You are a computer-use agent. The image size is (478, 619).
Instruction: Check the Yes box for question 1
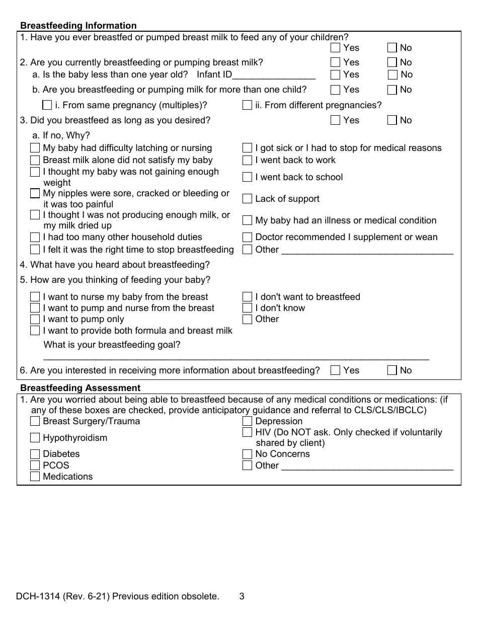(x=336, y=48)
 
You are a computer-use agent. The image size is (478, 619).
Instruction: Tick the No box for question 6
(x=392, y=370)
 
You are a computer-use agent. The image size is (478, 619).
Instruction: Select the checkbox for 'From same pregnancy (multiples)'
(x=47, y=105)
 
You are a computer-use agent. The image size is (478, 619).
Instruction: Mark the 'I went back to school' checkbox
(x=247, y=177)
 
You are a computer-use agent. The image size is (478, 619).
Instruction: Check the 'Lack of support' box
(x=247, y=199)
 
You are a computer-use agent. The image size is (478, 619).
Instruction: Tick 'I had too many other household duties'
(x=35, y=237)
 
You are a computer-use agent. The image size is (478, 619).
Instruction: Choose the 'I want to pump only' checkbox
(x=35, y=319)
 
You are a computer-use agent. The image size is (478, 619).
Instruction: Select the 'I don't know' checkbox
(x=247, y=308)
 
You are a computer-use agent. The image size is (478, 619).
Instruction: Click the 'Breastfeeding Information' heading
(x=78, y=26)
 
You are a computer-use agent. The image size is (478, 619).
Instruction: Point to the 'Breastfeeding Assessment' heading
(x=80, y=388)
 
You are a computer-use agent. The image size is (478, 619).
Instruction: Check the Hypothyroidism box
(x=35, y=438)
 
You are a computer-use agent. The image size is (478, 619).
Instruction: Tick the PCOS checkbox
(x=35, y=466)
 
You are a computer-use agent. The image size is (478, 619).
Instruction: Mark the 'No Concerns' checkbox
(x=247, y=454)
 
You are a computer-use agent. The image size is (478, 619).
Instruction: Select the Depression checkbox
(x=247, y=421)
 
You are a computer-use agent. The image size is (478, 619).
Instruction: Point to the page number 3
(x=242, y=597)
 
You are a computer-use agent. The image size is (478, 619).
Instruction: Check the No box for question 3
(x=392, y=120)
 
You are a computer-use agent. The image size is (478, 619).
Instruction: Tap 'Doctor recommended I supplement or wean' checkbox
(x=247, y=237)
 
